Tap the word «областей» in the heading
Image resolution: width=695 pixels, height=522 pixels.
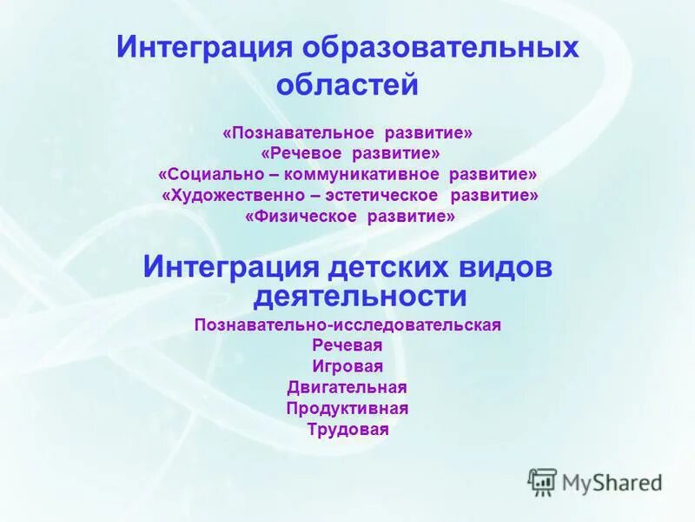347,85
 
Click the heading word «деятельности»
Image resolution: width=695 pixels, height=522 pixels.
360,297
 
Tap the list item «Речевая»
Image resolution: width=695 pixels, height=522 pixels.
347,345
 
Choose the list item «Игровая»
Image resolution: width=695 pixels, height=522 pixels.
347,366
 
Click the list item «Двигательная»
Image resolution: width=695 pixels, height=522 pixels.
347,387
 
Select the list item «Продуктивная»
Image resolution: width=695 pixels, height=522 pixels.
347,408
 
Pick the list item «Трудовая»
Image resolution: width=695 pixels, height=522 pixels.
347,429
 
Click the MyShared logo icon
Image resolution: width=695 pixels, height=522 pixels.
542,481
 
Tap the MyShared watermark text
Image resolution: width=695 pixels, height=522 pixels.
612,483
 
